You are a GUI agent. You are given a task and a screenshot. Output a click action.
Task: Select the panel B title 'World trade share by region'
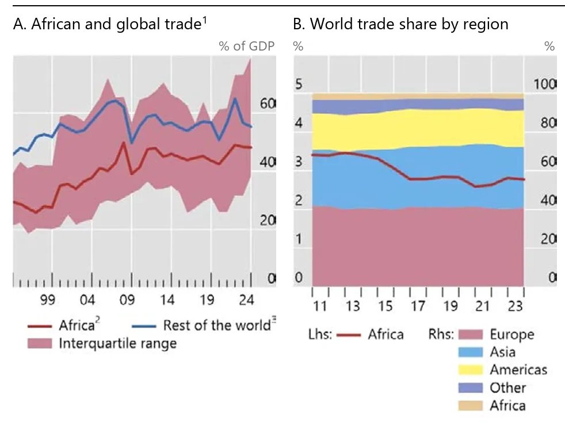point(400,25)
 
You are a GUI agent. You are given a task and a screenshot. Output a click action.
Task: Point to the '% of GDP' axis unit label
point(246,47)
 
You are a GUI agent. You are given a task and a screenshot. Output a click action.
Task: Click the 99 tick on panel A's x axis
point(47,299)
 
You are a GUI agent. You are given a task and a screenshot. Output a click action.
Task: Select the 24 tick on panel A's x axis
point(247,299)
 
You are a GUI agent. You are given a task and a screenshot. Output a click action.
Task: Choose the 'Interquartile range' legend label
point(117,344)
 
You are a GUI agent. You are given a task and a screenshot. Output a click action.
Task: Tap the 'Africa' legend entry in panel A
point(76,325)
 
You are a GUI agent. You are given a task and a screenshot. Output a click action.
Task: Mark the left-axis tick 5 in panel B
point(298,84)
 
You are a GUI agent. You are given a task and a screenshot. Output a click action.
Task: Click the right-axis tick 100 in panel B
point(544,84)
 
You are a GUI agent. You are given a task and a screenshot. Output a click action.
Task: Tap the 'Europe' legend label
point(511,334)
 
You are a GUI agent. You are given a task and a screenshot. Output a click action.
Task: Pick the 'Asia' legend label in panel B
point(502,352)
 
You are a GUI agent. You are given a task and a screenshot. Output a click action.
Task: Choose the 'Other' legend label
point(507,388)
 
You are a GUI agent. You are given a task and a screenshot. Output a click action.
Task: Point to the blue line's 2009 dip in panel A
point(132,142)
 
